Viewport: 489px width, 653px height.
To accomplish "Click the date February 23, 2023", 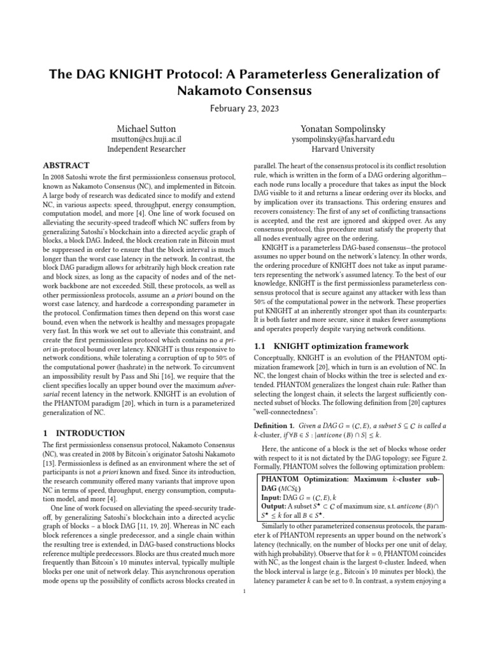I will tap(244, 109).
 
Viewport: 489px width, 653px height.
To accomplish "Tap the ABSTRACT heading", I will tap(66, 165).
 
